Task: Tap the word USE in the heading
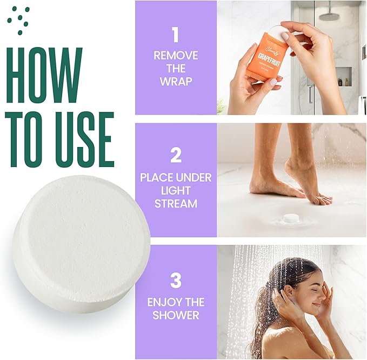(x=82, y=139)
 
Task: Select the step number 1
(x=175, y=35)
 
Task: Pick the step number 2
(x=176, y=155)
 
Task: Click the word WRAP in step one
(x=176, y=82)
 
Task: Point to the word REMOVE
(x=176, y=56)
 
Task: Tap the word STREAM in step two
(x=176, y=203)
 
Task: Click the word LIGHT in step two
(x=176, y=190)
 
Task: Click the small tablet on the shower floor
(x=291, y=218)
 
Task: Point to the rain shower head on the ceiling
(x=329, y=16)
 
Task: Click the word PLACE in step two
(x=157, y=177)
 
